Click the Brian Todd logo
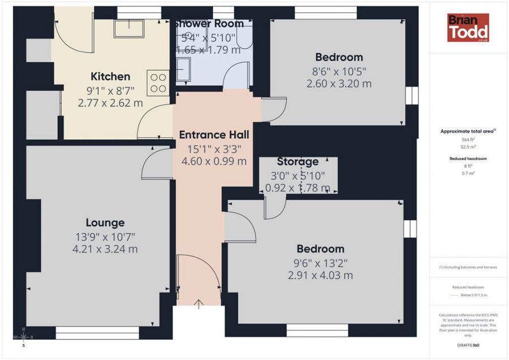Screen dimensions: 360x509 coord(468,28)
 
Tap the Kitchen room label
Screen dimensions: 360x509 coord(110,76)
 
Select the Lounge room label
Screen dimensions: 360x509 coord(105,222)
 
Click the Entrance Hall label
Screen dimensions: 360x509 coord(214,135)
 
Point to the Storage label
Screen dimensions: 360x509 coord(297,162)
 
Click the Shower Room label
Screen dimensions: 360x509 coord(209,24)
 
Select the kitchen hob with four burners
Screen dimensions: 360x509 coord(158,82)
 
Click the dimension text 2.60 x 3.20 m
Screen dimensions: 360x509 coord(339,84)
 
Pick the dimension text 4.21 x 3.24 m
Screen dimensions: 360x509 coord(105,249)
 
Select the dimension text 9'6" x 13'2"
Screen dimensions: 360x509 coord(320,263)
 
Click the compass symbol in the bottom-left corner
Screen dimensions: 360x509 coord(23,337)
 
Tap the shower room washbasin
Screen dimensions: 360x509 coord(183,72)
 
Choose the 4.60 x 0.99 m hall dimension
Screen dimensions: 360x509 coord(214,161)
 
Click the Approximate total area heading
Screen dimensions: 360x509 coord(467,131)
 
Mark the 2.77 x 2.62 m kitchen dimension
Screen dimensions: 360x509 coord(110,103)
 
